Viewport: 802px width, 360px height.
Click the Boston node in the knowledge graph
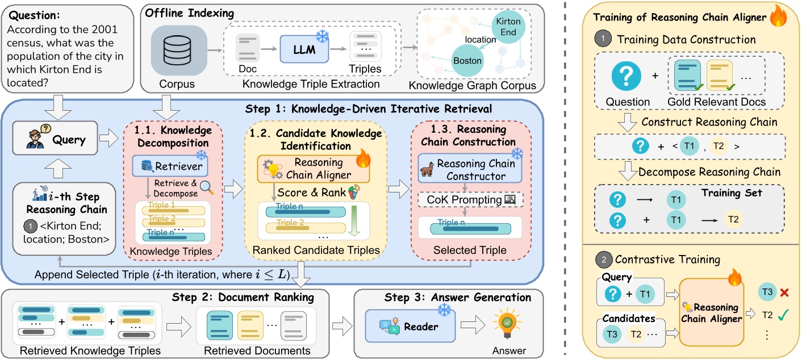pyautogui.click(x=467, y=61)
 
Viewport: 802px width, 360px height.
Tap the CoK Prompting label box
pyautogui.click(x=470, y=200)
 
